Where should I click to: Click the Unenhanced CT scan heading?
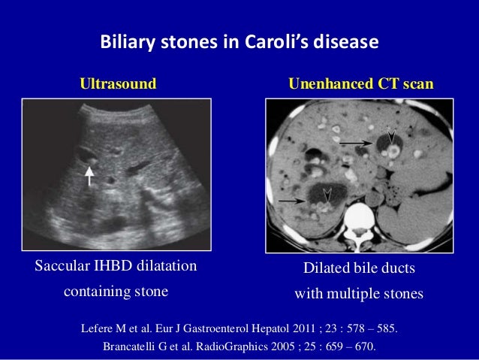(x=361, y=83)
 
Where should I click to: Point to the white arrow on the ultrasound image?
(x=89, y=176)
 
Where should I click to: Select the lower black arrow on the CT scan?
(x=290, y=201)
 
